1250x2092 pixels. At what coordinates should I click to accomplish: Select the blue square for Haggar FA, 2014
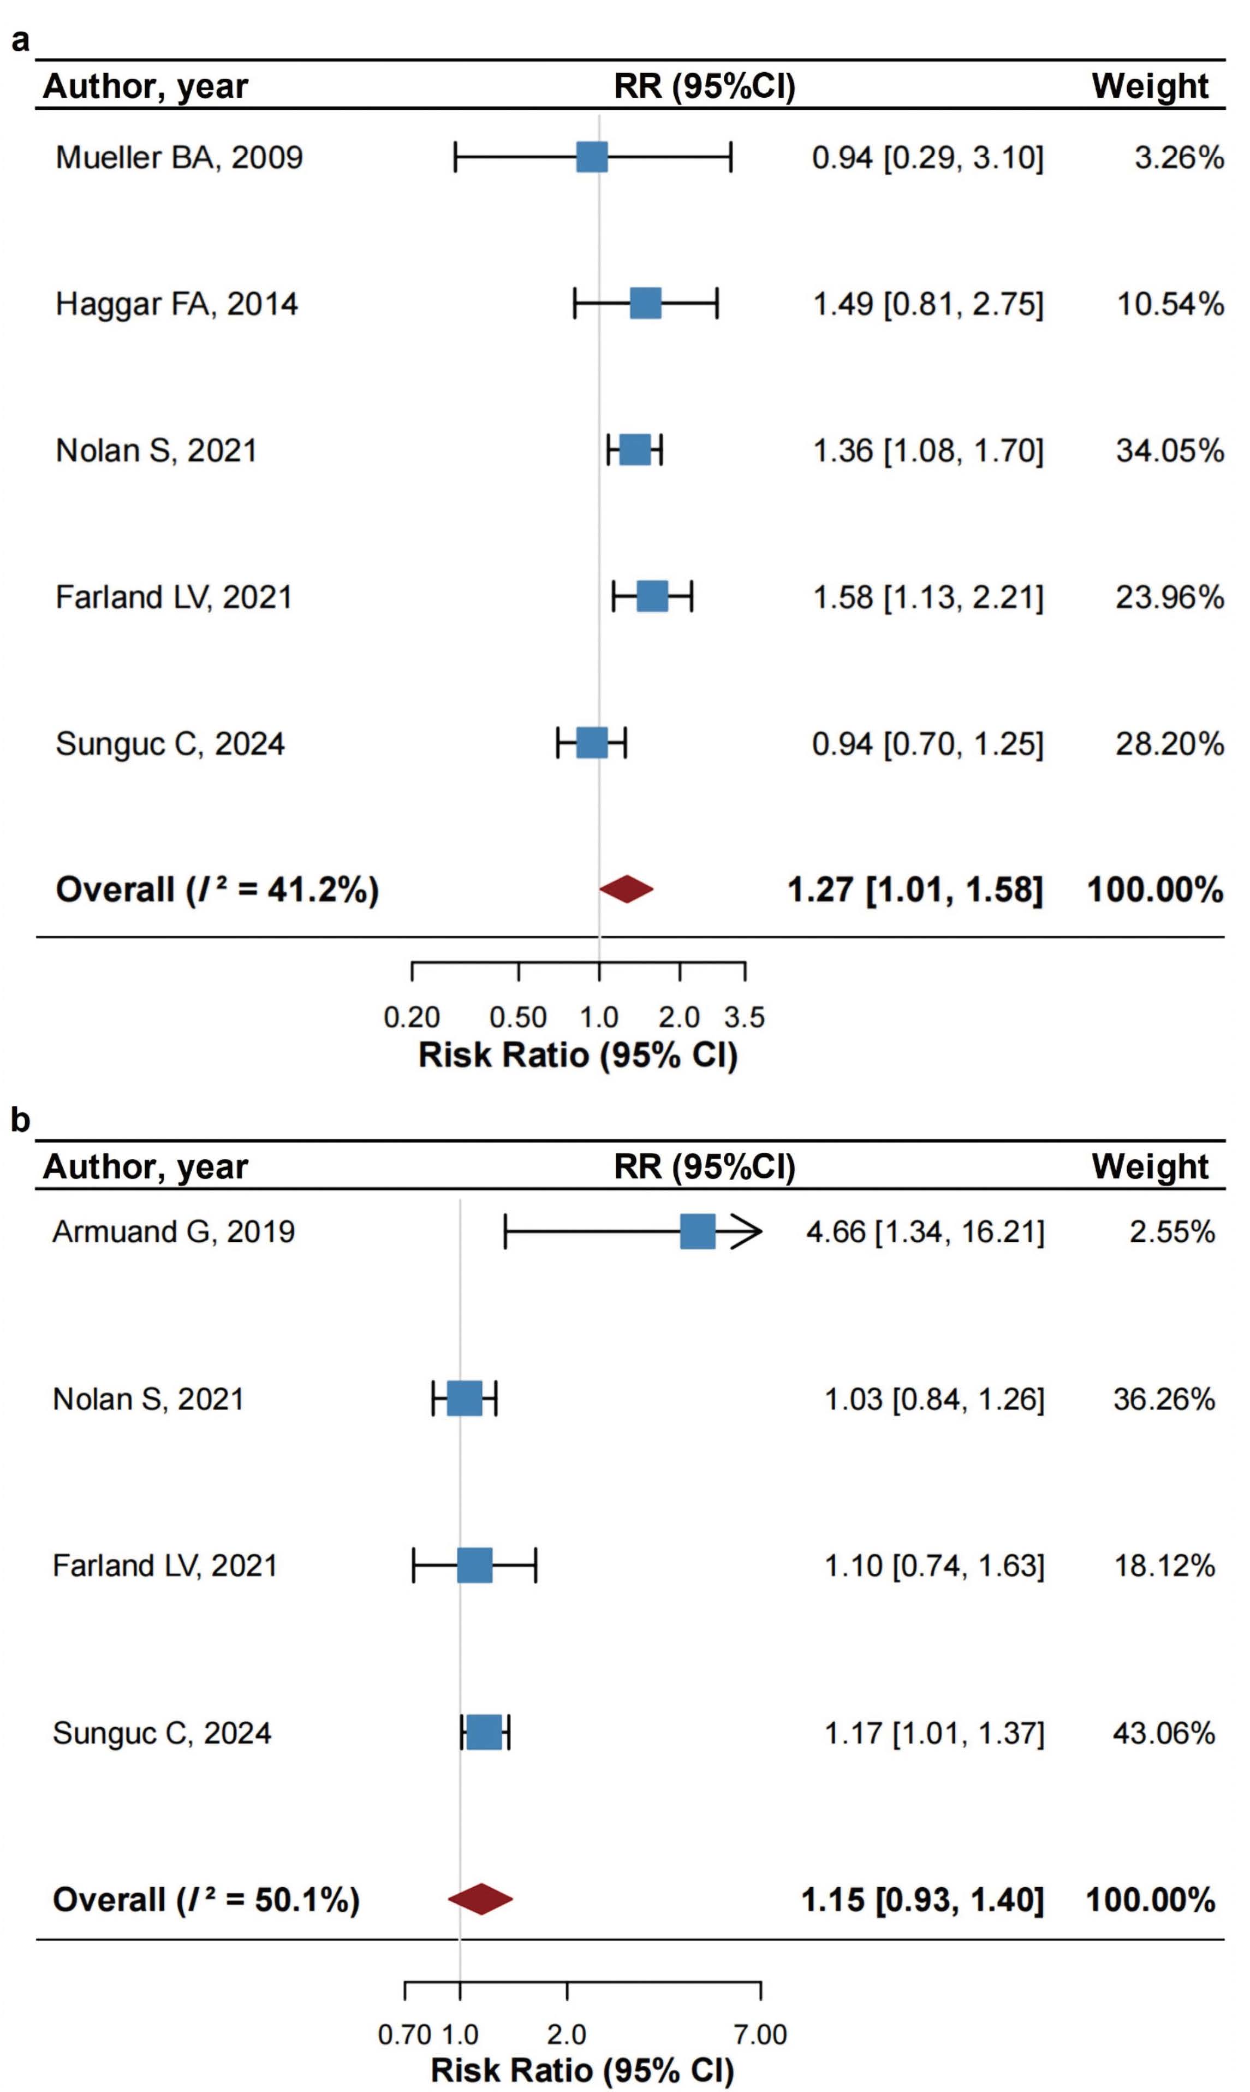645,303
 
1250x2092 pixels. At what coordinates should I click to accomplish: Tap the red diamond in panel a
627,889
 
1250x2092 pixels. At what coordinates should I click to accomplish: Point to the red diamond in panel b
480,1899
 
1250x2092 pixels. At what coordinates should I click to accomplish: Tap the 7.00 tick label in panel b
760,2034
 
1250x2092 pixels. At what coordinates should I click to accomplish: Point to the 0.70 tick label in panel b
404,2034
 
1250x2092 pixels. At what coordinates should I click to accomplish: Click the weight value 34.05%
1170,451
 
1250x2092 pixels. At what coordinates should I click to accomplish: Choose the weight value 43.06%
1164,1733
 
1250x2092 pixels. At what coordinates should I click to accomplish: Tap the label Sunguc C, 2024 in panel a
170,744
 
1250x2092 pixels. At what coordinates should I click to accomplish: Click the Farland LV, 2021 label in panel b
165,1566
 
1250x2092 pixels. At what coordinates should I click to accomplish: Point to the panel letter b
20,1120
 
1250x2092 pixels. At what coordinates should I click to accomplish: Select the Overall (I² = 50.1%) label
206,1900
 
